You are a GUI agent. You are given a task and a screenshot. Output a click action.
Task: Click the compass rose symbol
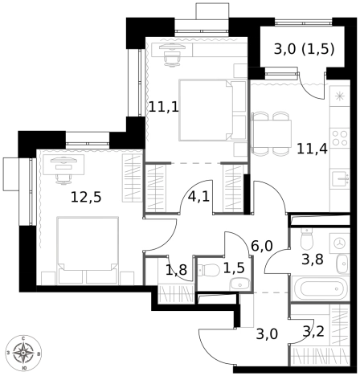point(23,353)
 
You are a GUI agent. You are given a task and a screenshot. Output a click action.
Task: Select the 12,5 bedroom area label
point(86,198)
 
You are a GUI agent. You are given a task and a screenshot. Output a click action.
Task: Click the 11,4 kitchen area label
point(312,149)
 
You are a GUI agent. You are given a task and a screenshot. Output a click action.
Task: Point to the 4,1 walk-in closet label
point(198,197)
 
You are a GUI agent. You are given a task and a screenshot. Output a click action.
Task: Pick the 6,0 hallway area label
point(262,246)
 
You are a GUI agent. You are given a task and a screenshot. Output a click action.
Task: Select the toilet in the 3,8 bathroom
point(306,239)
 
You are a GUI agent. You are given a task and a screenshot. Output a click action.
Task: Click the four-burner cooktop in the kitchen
point(340,138)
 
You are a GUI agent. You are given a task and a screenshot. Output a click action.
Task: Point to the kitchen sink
point(341,178)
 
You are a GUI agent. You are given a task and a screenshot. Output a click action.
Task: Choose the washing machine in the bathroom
point(340,243)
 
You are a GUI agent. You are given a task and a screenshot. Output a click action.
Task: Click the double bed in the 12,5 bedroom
point(88,251)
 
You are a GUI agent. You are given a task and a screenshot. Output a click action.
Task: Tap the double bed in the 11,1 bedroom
point(212,110)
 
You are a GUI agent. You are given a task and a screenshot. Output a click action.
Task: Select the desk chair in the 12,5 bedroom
point(63,179)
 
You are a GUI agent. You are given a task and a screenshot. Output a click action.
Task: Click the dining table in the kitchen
point(271,133)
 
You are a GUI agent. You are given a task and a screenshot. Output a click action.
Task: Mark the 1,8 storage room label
point(176,270)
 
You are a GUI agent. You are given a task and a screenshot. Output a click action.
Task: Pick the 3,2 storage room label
point(313,332)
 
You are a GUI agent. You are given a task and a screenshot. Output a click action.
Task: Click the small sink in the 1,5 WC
point(239,284)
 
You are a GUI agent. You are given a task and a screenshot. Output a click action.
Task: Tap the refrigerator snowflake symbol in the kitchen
point(340,96)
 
